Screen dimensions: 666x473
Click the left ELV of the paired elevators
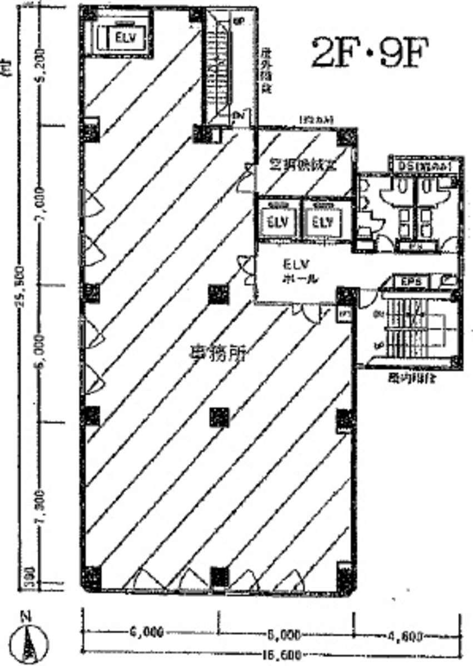[x=277, y=222]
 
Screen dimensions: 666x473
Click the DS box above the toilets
[x=424, y=166]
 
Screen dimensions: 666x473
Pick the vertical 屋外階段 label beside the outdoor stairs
[x=265, y=72]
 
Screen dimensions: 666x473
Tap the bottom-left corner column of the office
[x=92, y=575]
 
